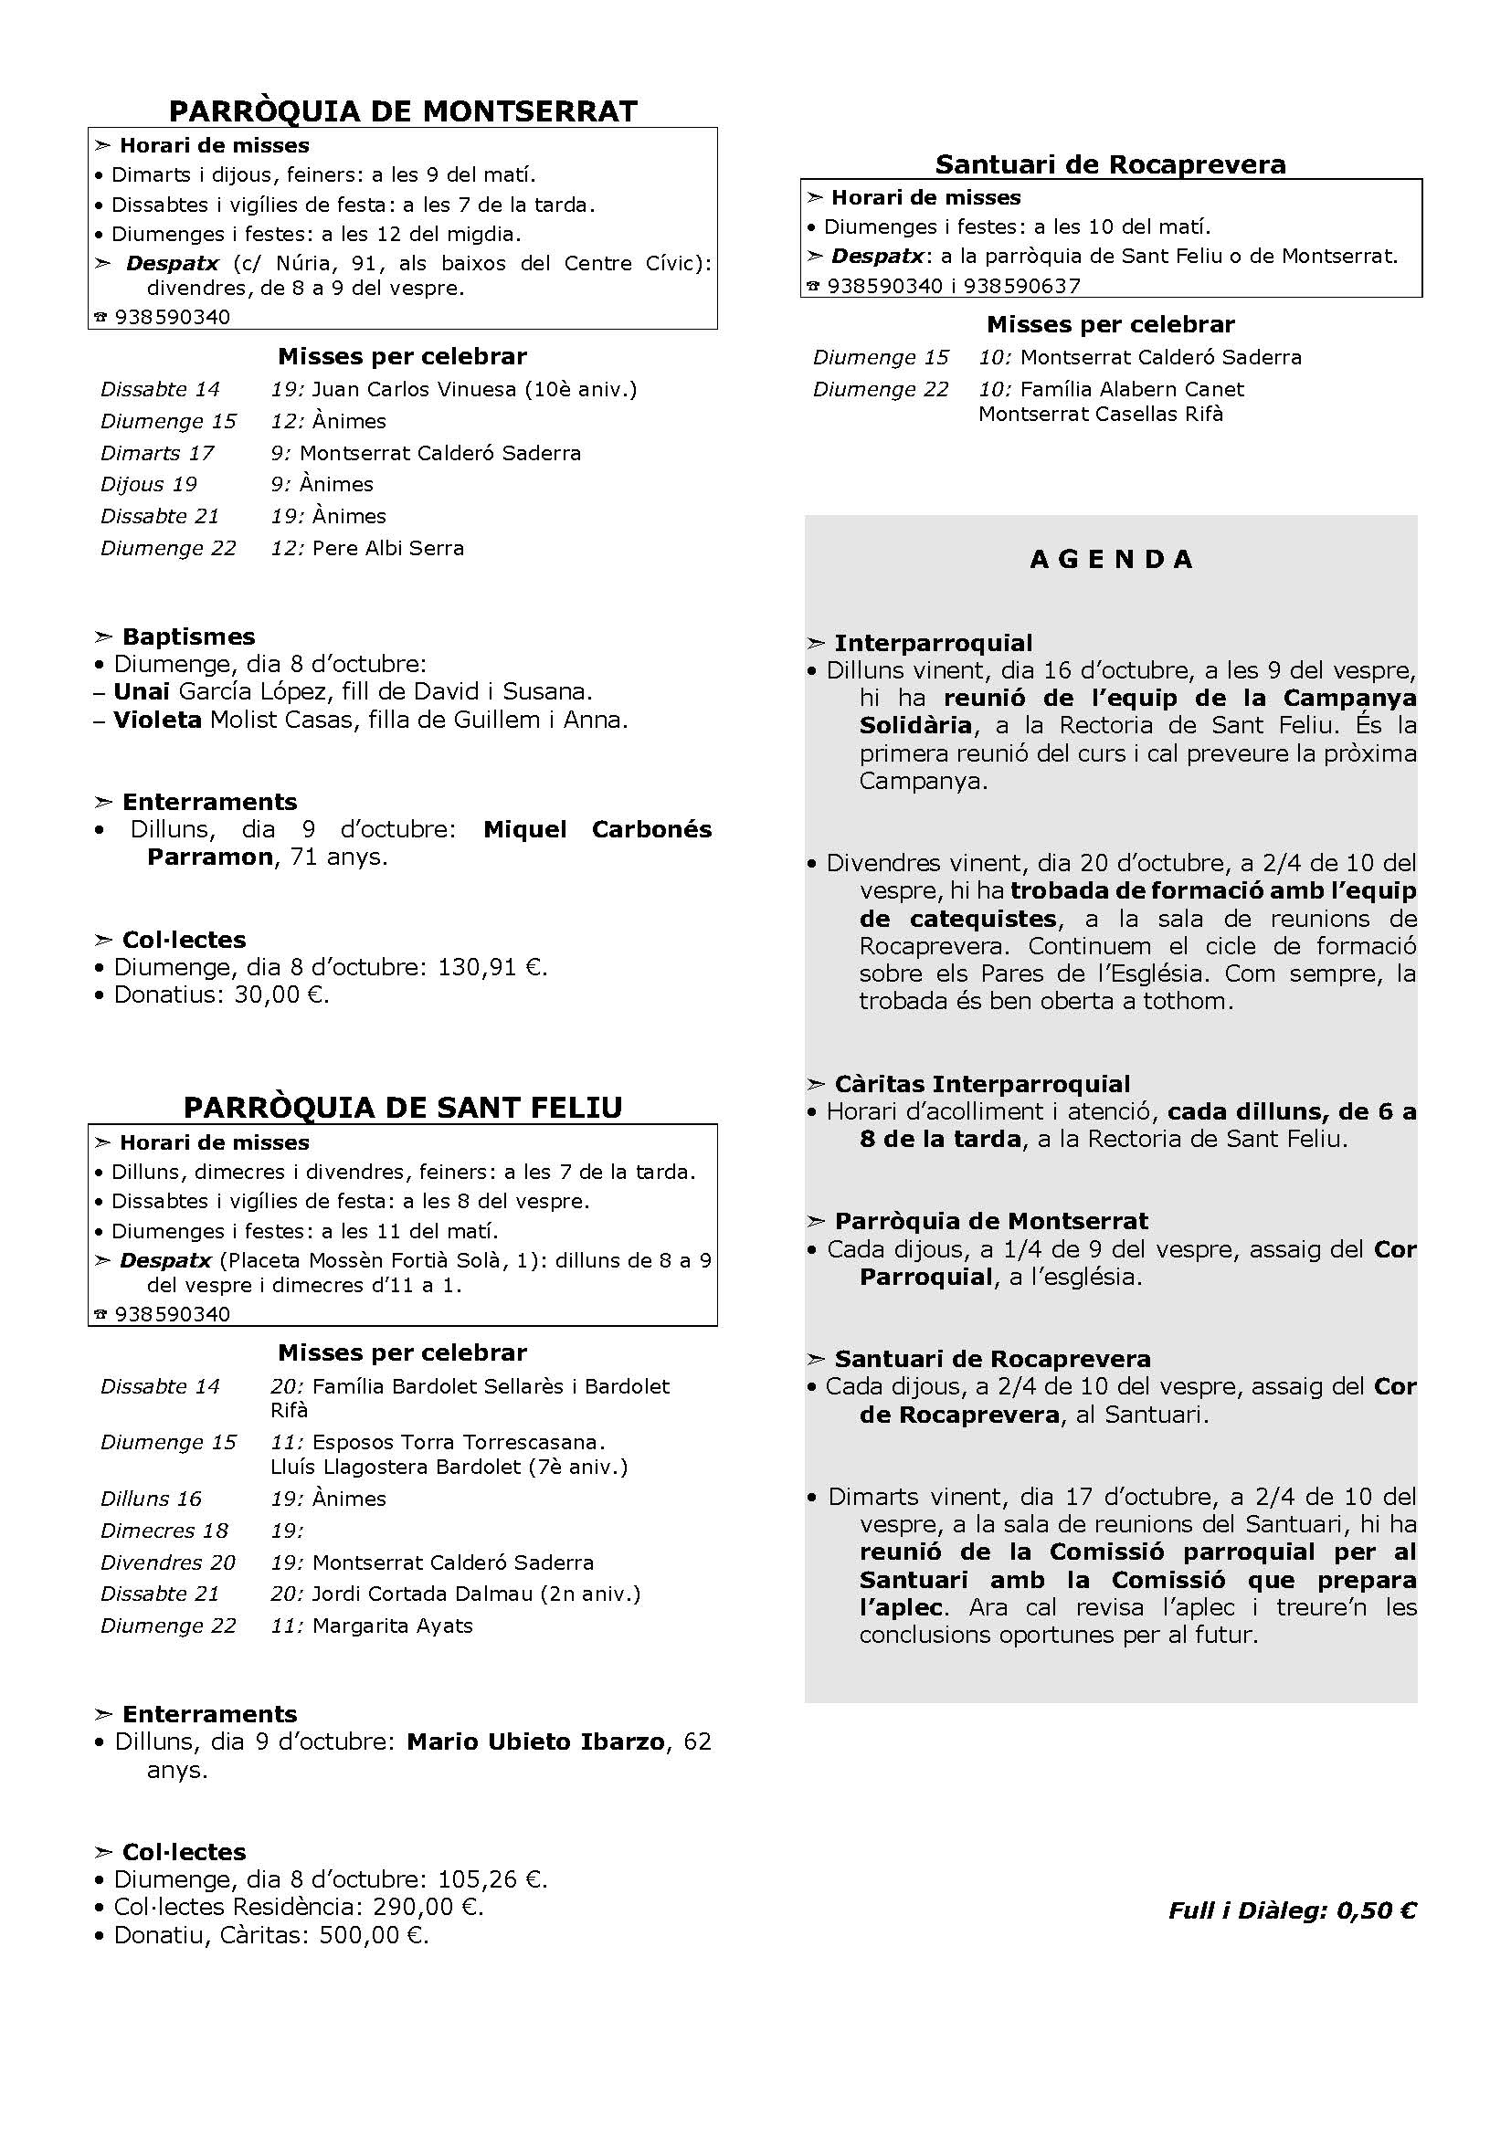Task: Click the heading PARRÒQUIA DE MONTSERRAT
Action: tap(403, 111)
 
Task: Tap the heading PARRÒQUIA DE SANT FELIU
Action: tap(403, 1108)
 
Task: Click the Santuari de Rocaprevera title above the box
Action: tap(1110, 164)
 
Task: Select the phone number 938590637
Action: tap(1021, 286)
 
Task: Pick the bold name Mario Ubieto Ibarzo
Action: tap(536, 1741)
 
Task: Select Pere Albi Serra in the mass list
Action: tap(388, 548)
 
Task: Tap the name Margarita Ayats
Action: tap(393, 1626)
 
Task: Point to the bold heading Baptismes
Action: tap(188, 637)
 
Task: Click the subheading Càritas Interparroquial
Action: tap(981, 1085)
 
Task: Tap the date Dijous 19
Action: tap(149, 485)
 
